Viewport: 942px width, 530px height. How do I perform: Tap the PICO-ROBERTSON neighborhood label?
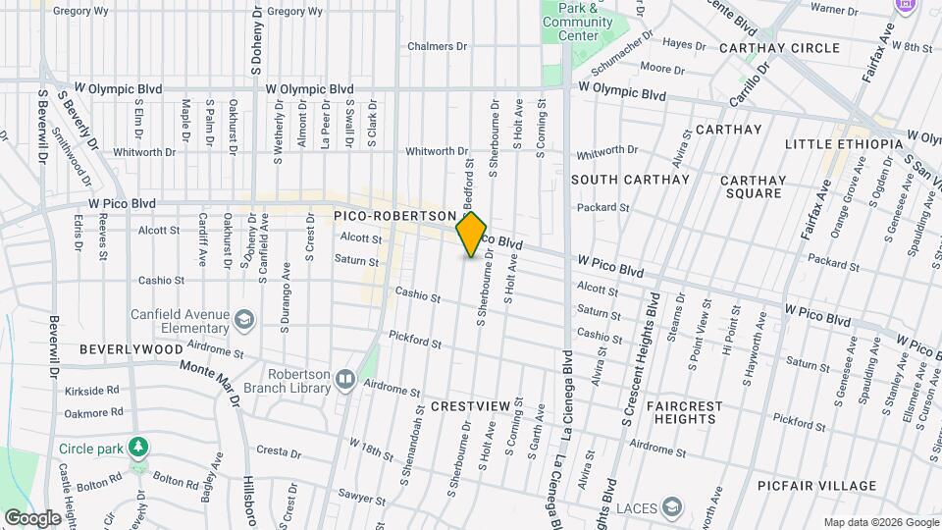click(394, 215)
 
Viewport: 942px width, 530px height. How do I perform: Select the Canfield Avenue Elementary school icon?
click(243, 319)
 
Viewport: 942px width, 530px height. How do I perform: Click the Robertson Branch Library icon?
click(344, 379)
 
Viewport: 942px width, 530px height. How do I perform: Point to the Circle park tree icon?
click(140, 448)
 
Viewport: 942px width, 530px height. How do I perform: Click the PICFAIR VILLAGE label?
click(824, 486)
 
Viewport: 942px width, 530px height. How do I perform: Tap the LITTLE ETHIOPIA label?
click(843, 144)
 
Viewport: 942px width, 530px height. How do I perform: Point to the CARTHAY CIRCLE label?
click(779, 48)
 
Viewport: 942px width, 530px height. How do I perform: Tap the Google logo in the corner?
click(31, 517)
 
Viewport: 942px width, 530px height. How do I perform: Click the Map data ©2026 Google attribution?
click(880, 522)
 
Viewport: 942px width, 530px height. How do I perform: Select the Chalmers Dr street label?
click(438, 46)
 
